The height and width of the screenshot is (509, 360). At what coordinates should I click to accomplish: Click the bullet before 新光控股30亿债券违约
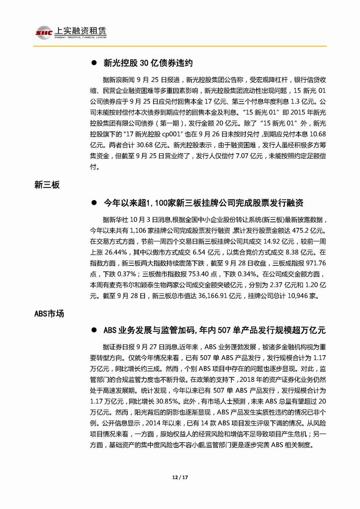(93, 63)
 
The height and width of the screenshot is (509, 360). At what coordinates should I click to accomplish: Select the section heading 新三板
(46, 185)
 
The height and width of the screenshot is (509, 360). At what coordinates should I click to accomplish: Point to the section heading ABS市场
(49, 314)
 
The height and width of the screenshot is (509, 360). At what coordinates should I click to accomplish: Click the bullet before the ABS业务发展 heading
(93, 330)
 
